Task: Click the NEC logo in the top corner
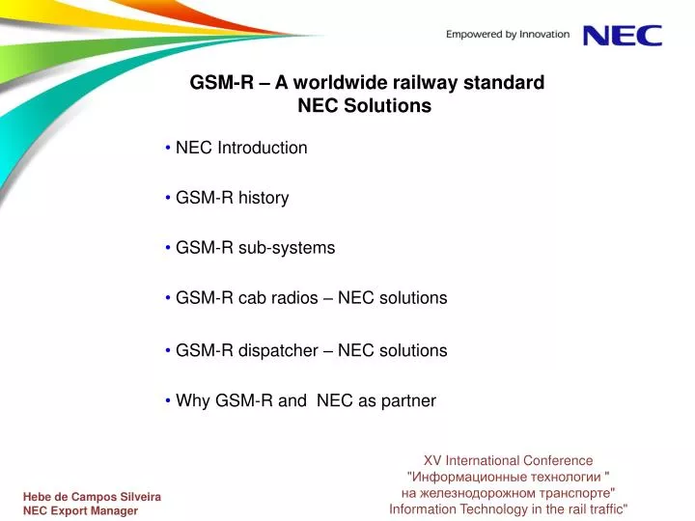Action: click(x=623, y=35)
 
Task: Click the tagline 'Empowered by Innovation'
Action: click(x=508, y=35)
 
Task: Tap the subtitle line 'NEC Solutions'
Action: click(x=364, y=106)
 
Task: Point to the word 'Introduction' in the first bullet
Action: click(x=263, y=148)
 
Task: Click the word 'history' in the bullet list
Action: click(x=264, y=198)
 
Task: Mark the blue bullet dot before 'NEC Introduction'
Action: click(x=168, y=148)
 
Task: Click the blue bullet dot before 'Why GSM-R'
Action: click(x=168, y=400)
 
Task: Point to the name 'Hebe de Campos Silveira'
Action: click(x=92, y=496)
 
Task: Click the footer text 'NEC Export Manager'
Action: click(x=80, y=511)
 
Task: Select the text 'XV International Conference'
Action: click(x=509, y=461)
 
